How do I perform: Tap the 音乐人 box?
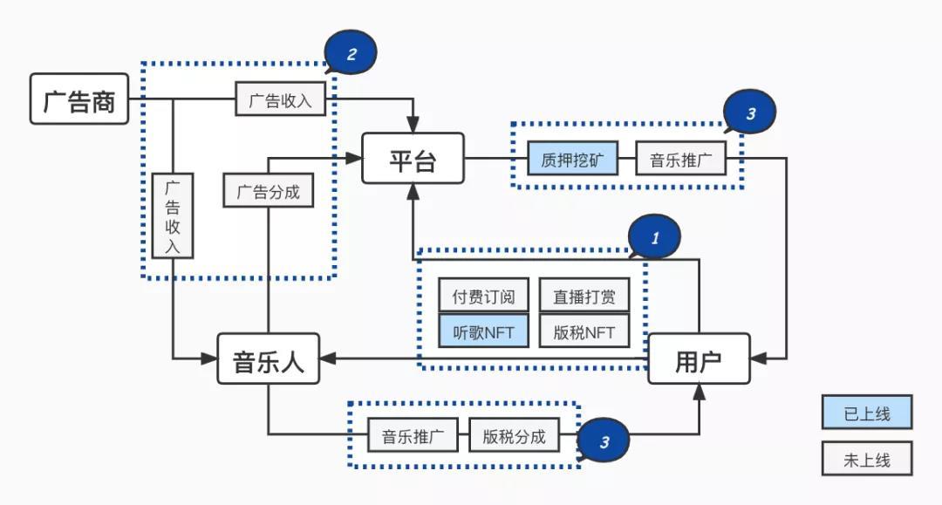coord(268,358)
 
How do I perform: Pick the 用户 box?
coord(699,358)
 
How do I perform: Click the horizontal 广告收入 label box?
coord(280,99)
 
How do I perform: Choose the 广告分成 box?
coord(269,190)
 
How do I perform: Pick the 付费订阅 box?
coord(483,297)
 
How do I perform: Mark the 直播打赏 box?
coord(584,297)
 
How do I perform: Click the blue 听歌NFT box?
coord(483,331)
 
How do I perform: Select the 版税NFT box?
coord(584,331)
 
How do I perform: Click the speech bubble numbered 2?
coord(351,54)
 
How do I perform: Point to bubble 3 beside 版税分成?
coord(604,441)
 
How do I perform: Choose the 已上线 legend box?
coord(866,413)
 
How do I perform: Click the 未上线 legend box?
coord(866,459)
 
